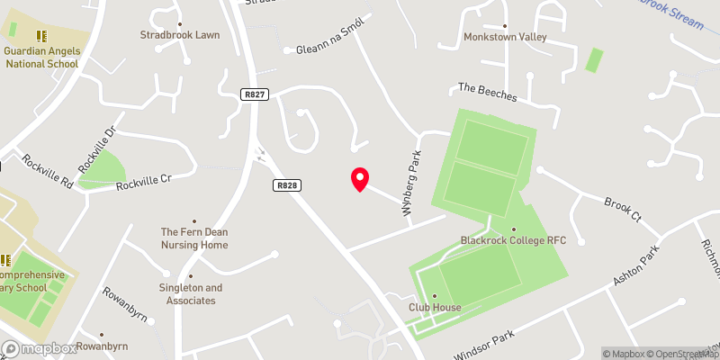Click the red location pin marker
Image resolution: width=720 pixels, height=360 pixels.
(x=360, y=178)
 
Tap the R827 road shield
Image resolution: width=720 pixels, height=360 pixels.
(x=254, y=94)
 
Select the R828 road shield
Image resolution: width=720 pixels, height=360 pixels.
(x=286, y=184)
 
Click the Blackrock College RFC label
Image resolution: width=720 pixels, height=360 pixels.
(x=513, y=240)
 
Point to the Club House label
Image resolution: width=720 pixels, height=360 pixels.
(x=435, y=307)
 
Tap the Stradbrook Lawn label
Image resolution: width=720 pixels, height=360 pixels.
(x=180, y=35)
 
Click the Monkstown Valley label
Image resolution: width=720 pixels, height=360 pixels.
(x=504, y=37)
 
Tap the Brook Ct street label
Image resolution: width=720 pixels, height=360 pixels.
(x=622, y=210)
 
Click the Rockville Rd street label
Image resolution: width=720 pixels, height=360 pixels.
(x=49, y=169)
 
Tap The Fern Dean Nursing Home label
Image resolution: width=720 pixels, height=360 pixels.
(x=194, y=238)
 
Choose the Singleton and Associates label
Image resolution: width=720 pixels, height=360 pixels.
(x=191, y=293)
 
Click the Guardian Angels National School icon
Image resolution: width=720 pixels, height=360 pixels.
(x=40, y=35)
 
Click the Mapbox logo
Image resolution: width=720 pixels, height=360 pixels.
(x=38, y=348)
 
